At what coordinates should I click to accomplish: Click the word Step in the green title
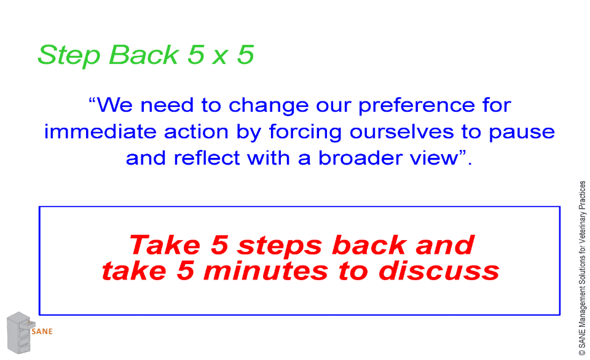pos(69,56)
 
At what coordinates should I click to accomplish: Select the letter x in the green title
pos(220,58)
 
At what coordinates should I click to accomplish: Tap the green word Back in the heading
pos(144,55)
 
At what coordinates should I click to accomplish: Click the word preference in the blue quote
pos(416,106)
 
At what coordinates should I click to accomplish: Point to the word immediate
pos(100,131)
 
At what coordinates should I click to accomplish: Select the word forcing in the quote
pos(305,133)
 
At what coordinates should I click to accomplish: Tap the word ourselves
pos(401,132)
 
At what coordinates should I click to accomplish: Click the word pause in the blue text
pos(522,133)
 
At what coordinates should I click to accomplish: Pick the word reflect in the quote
pos(206,158)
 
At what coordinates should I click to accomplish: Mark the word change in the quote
pos(269,106)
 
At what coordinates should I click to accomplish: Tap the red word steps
pos(280,246)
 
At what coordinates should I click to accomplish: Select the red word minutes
pos(265,271)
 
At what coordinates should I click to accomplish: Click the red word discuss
pos(439,271)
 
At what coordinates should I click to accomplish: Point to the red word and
pos(445,245)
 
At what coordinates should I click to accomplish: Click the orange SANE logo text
pos(42,331)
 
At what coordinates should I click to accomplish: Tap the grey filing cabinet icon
pos(20,332)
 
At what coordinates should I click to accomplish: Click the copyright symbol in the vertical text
pos(582,352)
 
